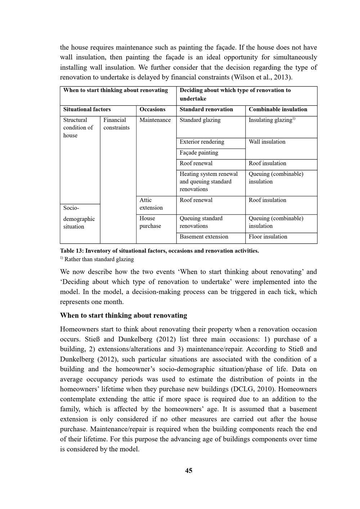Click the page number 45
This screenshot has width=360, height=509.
189,471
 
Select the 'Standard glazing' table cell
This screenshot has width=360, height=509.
200,120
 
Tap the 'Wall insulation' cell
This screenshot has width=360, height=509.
267,142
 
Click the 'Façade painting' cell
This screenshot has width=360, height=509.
199,153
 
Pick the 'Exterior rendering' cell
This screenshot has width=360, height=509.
202,142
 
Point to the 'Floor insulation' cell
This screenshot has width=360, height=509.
268,237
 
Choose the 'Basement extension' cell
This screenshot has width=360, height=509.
204,237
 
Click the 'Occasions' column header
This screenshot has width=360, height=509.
152,109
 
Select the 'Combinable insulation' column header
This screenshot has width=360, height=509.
278,109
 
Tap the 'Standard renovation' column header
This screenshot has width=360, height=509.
206,109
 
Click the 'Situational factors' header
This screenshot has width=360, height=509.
87,109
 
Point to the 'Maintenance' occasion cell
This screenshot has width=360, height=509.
155,120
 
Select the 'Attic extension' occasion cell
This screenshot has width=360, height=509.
151,204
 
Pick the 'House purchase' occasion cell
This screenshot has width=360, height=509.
150,222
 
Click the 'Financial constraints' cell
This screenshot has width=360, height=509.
116,124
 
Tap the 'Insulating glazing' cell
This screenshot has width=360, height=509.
271,120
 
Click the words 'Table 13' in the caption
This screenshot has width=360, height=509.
71,251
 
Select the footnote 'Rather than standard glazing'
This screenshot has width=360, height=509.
99,259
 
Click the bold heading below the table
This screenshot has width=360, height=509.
123,315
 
